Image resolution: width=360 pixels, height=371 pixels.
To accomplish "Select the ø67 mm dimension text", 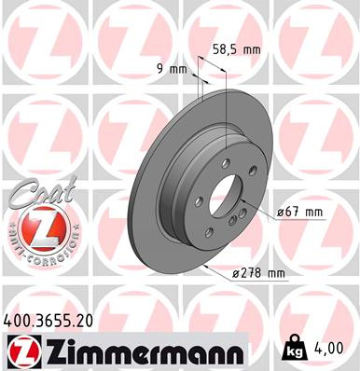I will click(x=299, y=213).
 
